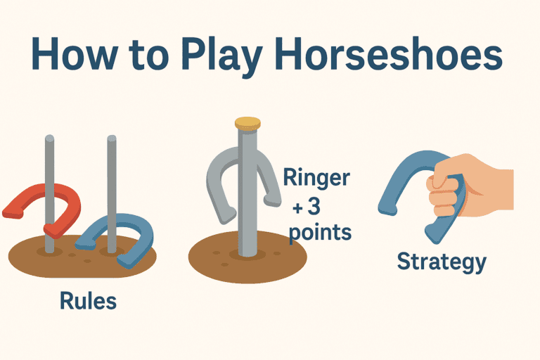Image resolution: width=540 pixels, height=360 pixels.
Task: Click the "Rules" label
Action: coord(89,302)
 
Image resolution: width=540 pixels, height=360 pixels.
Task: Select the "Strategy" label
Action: coord(441,262)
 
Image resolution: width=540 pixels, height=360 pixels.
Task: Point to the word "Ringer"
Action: coord(316,178)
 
